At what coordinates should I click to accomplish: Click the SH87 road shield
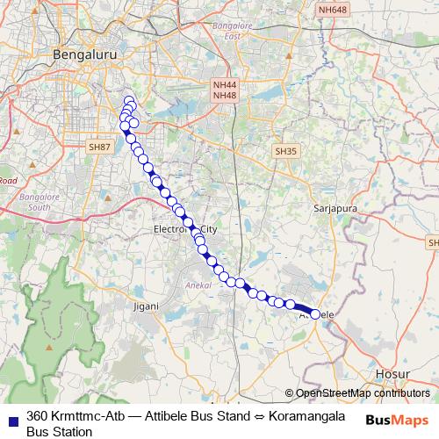(98, 148)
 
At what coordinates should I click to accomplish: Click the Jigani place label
(146, 306)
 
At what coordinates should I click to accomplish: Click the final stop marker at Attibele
(315, 313)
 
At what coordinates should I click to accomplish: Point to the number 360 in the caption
(37, 415)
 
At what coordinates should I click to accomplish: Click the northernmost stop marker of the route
(129, 101)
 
